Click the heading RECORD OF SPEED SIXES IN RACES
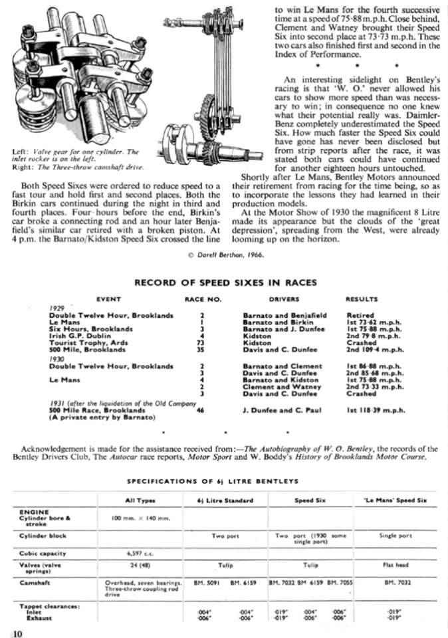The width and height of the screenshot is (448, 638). [x=225, y=282]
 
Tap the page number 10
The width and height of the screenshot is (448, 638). [x=17, y=632]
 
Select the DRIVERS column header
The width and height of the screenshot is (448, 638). [x=284, y=300]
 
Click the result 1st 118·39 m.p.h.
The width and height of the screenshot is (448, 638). [x=374, y=411]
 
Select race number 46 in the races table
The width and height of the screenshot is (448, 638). [x=200, y=411]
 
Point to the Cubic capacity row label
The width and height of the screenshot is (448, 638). [x=43, y=552]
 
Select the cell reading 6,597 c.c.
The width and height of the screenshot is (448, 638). [x=140, y=552]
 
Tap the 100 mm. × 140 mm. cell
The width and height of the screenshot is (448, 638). [x=140, y=516]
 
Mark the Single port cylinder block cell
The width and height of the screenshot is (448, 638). [x=395, y=535]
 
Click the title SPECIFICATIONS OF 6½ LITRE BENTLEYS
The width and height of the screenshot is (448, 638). [x=225, y=480]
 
